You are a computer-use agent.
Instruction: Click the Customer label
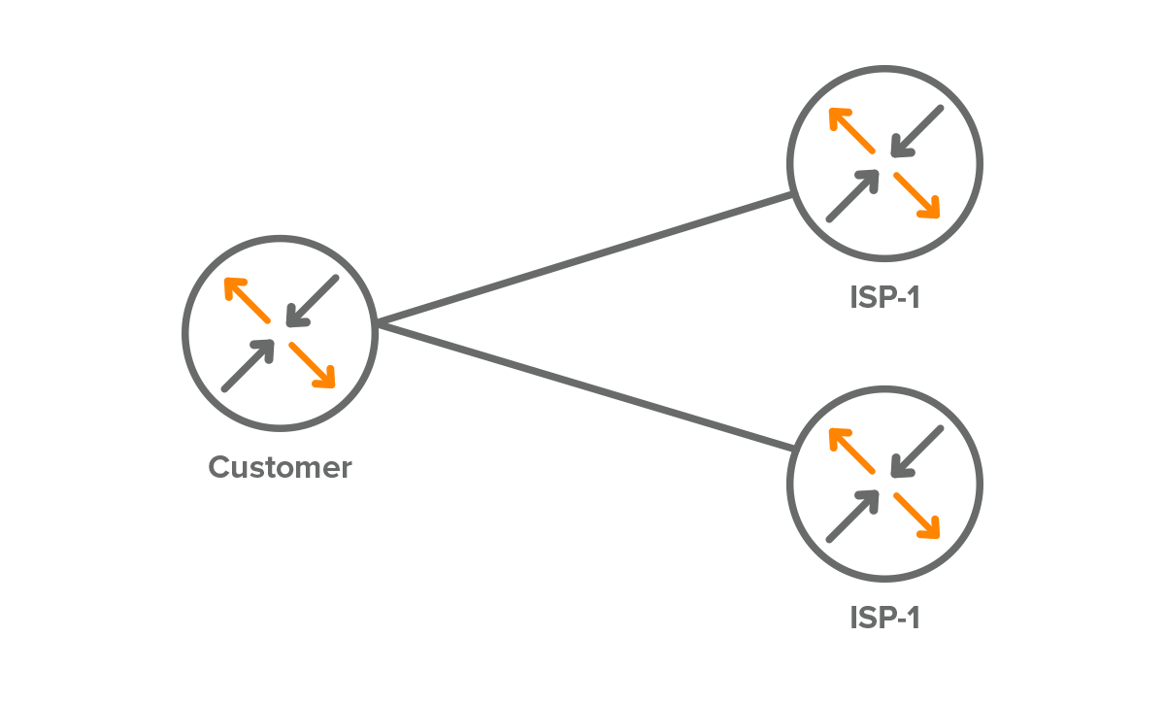(x=280, y=468)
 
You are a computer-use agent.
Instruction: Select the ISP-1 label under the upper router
(x=883, y=297)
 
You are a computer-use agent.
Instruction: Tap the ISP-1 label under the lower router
(x=883, y=618)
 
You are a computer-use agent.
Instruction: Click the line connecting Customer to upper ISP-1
(x=582, y=258)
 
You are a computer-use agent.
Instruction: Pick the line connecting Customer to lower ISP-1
(x=582, y=385)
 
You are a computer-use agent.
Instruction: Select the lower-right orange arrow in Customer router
(x=313, y=365)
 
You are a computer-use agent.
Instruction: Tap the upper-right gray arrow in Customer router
(x=313, y=300)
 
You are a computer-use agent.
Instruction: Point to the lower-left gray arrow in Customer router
(x=248, y=367)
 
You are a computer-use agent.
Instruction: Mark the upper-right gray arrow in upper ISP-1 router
(x=917, y=131)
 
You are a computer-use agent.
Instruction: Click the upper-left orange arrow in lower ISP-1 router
(x=851, y=452)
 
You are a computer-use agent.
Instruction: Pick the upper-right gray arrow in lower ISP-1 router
(x=917, y=452)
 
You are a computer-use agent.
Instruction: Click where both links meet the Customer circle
(x=377, y=323)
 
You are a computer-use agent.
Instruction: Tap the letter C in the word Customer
(x=220, y=468)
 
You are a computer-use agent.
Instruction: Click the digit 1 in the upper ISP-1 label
(x=912, y=297)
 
